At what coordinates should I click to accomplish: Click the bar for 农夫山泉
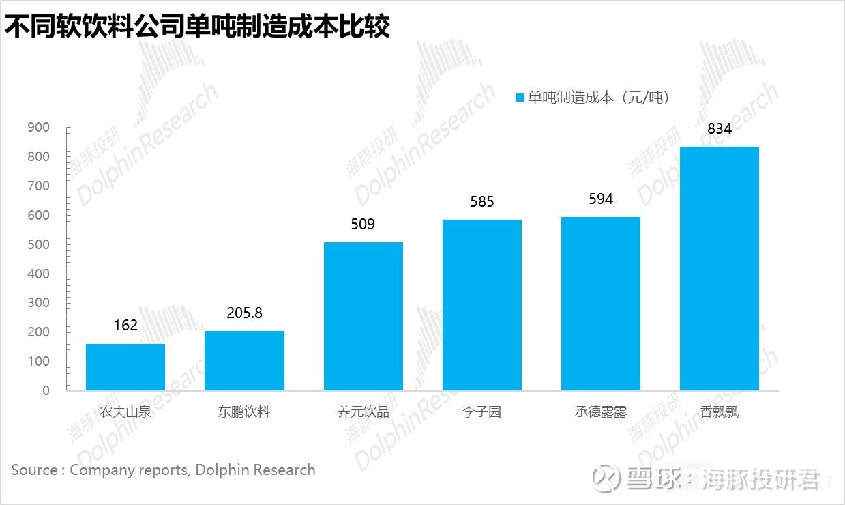coord(125,367)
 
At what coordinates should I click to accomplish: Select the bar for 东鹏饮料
coord(244,360)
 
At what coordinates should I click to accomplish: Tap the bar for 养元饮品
coord(363,316)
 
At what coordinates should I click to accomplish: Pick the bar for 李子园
coord(481,305)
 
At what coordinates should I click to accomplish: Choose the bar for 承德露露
coord(601,304)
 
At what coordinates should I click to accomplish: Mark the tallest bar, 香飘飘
coord(720,268)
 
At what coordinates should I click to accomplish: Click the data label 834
coord(720,128)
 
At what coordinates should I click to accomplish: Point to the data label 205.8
coord(244,313)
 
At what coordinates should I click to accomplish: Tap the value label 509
coord(363,225)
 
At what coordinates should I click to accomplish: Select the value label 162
coord(125,326)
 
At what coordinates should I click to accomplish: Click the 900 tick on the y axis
coord(38,128)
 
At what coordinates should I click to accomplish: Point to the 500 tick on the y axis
coord(38,245)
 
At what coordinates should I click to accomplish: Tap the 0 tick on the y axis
coord(46,391)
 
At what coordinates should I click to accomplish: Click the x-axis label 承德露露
coord(600,412)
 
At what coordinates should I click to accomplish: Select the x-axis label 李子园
coord(481,412)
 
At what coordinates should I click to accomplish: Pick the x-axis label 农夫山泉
coord(125,412)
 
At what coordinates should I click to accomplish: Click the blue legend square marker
coord(520,98)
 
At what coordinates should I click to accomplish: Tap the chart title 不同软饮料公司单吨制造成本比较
coord(198,27)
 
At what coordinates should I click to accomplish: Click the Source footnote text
coord(163,470)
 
